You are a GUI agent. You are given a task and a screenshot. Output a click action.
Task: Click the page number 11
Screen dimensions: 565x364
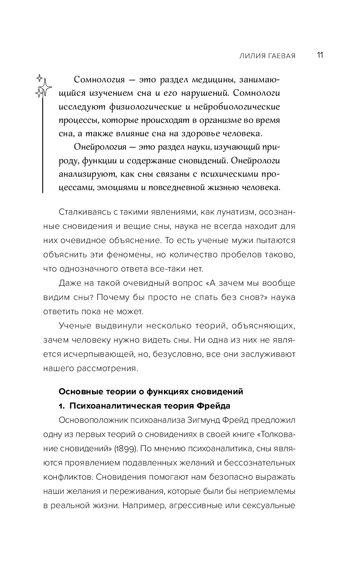coord(320,55)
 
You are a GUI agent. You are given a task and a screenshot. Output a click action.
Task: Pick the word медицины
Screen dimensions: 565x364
coord(216,81)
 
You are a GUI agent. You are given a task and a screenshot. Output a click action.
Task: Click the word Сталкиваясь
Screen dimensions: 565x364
coord(79,213)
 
